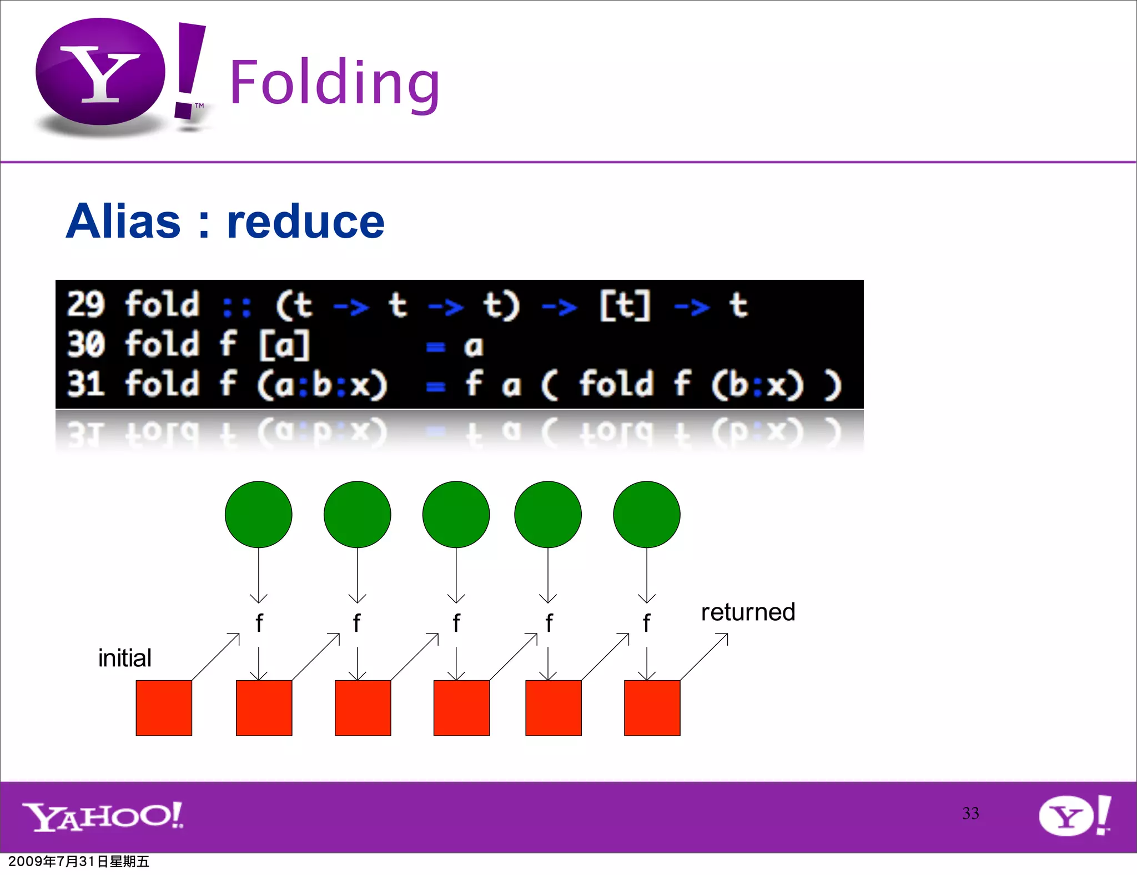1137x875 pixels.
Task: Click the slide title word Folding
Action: click(x=335, y=83)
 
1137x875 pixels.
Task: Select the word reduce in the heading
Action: click(x=305, y=222)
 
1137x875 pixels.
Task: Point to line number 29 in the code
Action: click(x=85, y=305)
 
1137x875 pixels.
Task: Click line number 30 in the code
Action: click(x=85, y=344)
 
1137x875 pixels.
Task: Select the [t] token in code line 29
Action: click(x=625, y=305)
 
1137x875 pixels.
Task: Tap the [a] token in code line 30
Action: click(x=284, y=345)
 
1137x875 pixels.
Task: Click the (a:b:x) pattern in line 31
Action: click(x=322, y=384)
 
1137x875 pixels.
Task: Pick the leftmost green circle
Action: click(x=258, y=514)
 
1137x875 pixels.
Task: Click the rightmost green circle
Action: click(x=646, y=514)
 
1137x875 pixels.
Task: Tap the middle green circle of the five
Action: click(x=456, y=514)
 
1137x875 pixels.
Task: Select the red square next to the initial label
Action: click(x=164, y=707)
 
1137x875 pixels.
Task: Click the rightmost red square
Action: click(x=652, y=707)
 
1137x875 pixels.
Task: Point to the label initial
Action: click(x=125, y=658)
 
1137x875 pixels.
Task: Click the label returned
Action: click(x=748, y=612)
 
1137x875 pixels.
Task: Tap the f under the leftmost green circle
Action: click(x=259, y=623)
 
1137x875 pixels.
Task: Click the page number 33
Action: click(x=970, y=813)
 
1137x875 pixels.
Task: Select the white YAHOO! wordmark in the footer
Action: click(x=103, y=816)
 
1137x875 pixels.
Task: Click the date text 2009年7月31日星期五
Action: click(x=79, y=862)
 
